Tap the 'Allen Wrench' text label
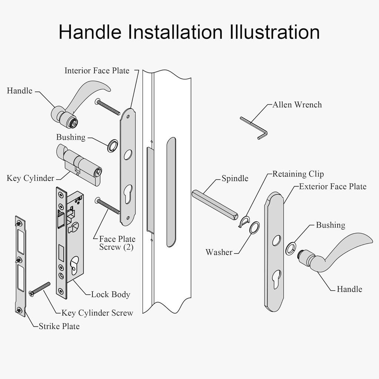pyautogui.click(x=297, y=105)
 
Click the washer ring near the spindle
pyautogui.click(x=254, y=228)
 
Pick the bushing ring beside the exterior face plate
pyautogui.click(x=291, y=248)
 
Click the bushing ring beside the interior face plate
pyautogui.click(x=113, y=146)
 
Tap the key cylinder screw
pyautogui.click(x=40, y=289)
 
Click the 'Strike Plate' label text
pyautogui.click(x=59, y=326)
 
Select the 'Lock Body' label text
pyautogui.click(x=111, y=295)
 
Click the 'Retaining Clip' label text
pyautogui.click(x=298, y=174)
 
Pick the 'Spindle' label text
pyautogui.click(x=235, y=179)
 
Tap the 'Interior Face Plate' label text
pyautogui.click(x=97, y=70)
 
